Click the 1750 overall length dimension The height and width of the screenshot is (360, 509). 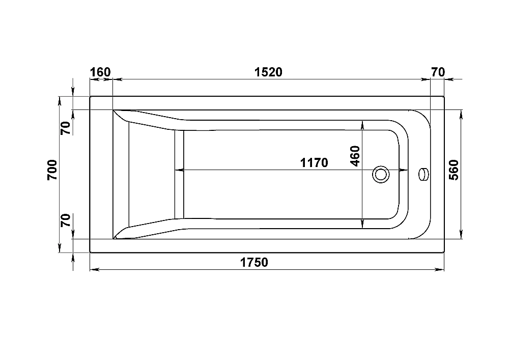pos(254,262)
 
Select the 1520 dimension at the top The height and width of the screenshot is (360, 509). pos(268,72)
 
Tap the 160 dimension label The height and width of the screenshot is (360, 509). pos(100,72)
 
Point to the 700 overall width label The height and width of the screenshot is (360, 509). pos(52,170)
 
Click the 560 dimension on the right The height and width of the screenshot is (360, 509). pos(454,170)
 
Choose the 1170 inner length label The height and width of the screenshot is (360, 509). pos(314,162)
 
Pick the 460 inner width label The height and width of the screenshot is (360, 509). pos(355,156)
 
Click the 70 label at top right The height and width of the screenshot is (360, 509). pos(438,72)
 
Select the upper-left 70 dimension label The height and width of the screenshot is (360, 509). pos(66,128)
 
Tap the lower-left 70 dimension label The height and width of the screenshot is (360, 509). pos(66,220)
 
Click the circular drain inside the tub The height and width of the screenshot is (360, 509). pos(381,174)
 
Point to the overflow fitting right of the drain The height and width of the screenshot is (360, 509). pos(424,174)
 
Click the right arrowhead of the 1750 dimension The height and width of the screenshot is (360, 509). pos(440,269)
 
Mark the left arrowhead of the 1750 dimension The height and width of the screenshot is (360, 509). pos(95,269)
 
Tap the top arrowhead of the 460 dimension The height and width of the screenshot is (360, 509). pos(362,125)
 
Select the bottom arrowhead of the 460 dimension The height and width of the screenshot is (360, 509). pos(362,224)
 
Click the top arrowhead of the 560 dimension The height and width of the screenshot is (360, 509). pos(461,115)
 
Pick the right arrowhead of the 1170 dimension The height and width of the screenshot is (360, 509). pos(404,170)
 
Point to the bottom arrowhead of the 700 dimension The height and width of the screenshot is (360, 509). pos(59,247)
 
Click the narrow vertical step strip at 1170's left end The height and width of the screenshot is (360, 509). pos(179,174)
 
